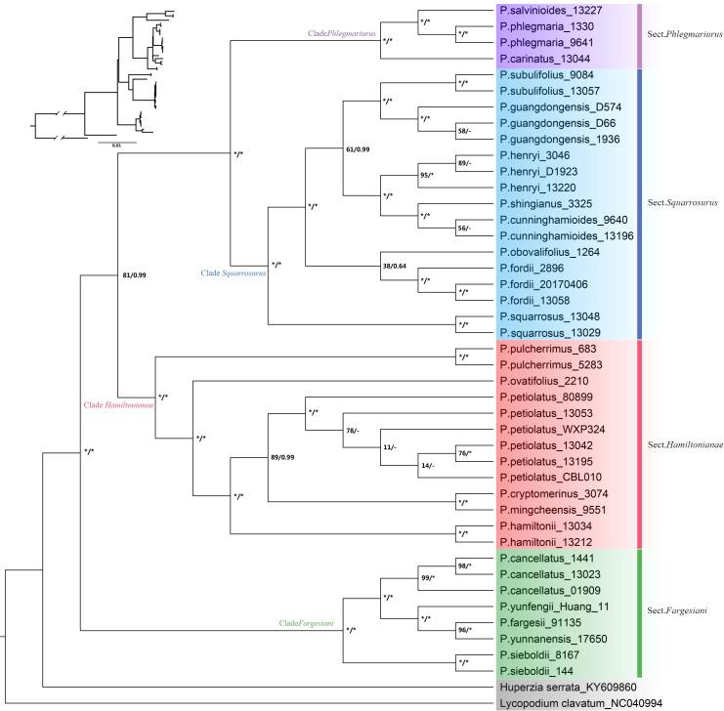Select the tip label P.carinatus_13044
tap(547, 59)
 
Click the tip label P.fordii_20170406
tap(548, 281)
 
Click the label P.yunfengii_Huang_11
tap(554, 606)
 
